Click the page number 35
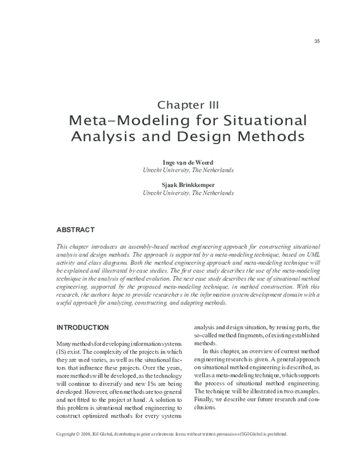tap(317, 41)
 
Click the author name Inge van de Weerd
tap(188, 162)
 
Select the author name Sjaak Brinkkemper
tap(188, 185)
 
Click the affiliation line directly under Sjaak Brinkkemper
tap(188, 193)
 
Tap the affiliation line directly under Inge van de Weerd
tap(188, 171)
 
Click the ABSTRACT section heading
tap(75, 229)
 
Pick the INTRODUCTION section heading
tap(82, 327)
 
